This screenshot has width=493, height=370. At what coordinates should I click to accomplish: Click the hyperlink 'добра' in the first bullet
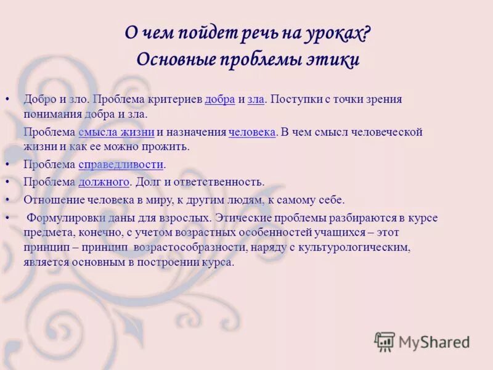[220, 99]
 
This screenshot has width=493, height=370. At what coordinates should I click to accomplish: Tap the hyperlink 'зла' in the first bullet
[256, 99]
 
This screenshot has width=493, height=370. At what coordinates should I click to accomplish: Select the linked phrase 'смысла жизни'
[116, 133]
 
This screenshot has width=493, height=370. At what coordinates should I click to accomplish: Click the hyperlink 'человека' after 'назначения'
[251, 133]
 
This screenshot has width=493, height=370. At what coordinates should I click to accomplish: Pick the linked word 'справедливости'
[121, 165]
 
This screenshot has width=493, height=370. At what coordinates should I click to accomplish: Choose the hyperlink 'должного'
[104, 182]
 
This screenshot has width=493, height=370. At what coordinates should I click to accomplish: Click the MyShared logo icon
[385, 342]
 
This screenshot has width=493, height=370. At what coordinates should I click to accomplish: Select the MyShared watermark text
[434, 342]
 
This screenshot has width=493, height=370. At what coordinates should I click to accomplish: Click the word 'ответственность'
[223, 182]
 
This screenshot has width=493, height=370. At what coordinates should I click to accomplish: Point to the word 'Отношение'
[51, 200]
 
